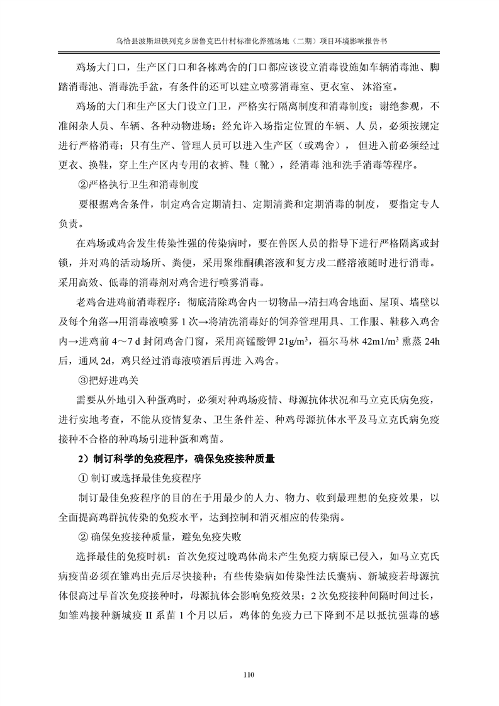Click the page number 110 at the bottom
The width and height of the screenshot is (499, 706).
(249, 676)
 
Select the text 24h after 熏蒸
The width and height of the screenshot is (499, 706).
(431, 342)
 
